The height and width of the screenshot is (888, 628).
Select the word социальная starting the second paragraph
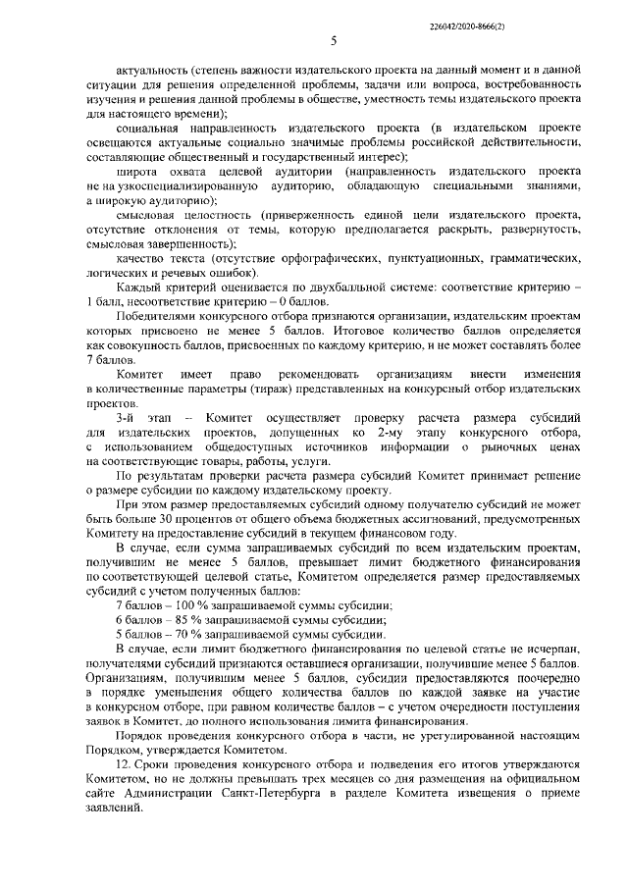pos(147,130)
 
